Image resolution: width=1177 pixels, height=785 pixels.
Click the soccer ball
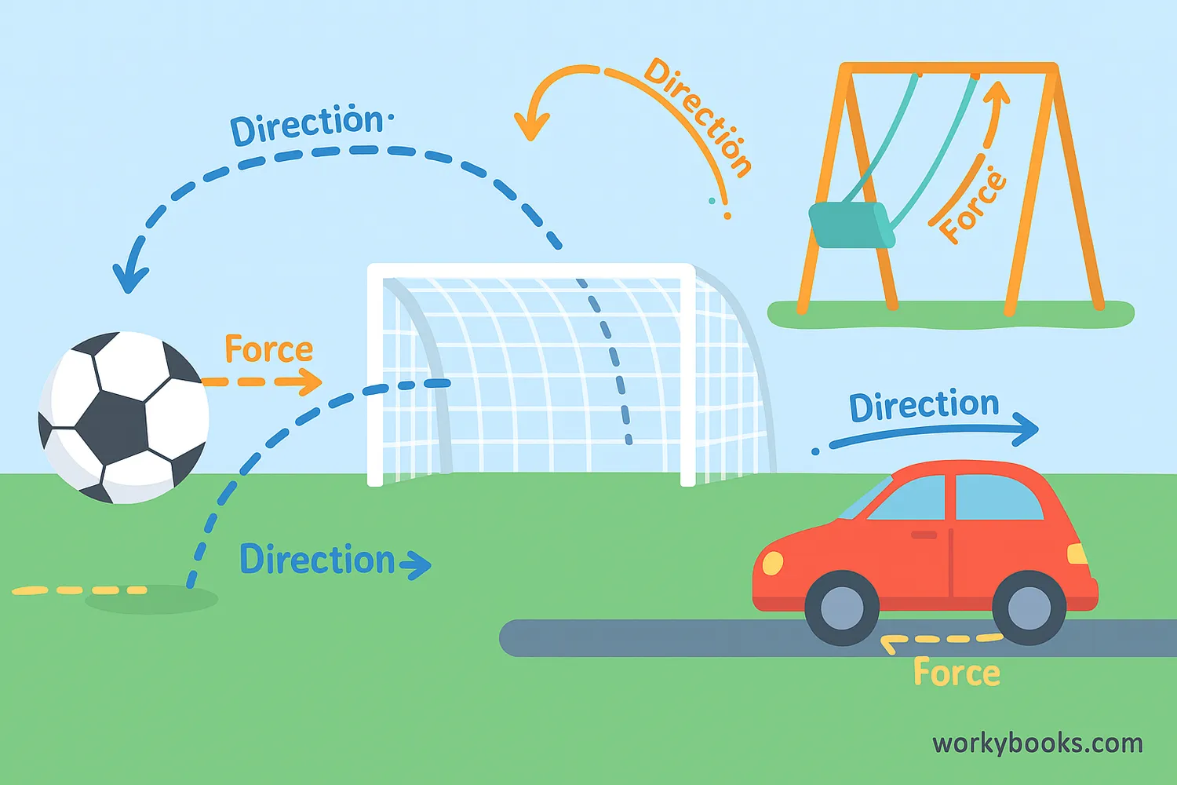pyautogui.click(x=123, y=417)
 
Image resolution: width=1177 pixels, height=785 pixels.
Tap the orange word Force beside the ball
pyautogui.click(x=268, y=350)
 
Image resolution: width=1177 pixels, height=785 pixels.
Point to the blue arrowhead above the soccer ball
pyautogui.click(x=129, y=275)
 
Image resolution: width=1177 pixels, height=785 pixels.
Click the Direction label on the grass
pyautogui.click(x=316, y=560)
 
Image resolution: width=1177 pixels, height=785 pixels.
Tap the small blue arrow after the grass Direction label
pyautogui.click(x=417, y=564)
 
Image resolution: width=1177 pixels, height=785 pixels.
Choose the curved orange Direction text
pyautogui.click(x=698, y=115)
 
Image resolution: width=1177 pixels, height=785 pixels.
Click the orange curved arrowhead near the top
pyautogui.click(x=531, y=126)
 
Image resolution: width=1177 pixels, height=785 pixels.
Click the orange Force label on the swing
pyautogui.click(x=972, y=206)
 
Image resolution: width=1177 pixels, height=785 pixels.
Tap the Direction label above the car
pyautogui.click(x=924, y=406)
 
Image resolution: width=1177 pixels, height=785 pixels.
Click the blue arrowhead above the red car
pyautogui.click(x=1025, y=428)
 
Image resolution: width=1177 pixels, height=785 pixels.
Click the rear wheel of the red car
pyautogui.click(x=1029, y=608)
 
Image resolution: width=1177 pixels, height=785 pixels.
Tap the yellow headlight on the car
pyautogui.click(x=773, y=563)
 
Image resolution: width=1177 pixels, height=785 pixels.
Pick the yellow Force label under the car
pyautogui.click(x=957, y=674)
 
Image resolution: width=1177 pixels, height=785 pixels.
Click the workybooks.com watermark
pyautogui.click(x=1037, y=743)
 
